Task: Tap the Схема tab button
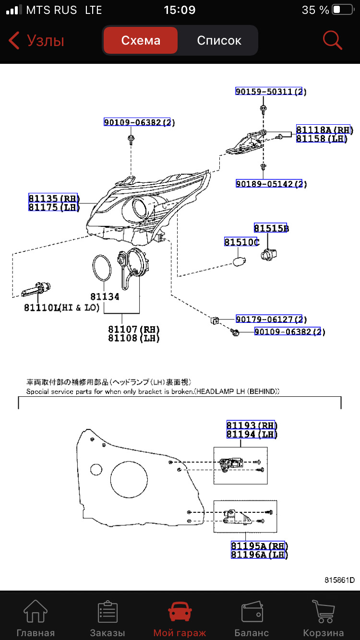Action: coord(141,41)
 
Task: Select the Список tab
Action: coord(219,41)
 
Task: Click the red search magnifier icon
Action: coord(332,41)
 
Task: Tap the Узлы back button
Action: coord(36,41)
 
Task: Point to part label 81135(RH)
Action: coord(53,199)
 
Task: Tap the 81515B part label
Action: coord(271,228)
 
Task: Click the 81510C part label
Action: coord(241,242)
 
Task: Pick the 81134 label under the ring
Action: coord(105,297)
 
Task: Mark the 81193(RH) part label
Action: coord(252,426)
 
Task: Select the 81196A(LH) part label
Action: coord(259,555)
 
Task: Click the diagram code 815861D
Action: coord(339,580)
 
